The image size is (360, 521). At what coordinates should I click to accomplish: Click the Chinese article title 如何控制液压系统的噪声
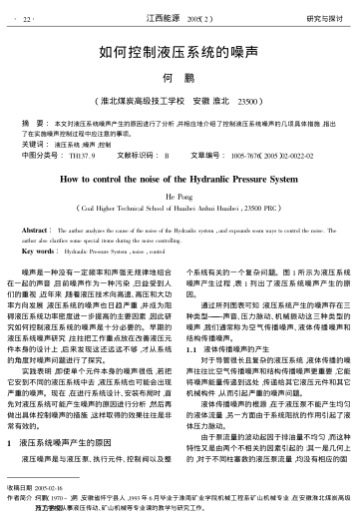pos(180,55)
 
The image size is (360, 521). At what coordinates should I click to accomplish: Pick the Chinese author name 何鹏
pos(180,79)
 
